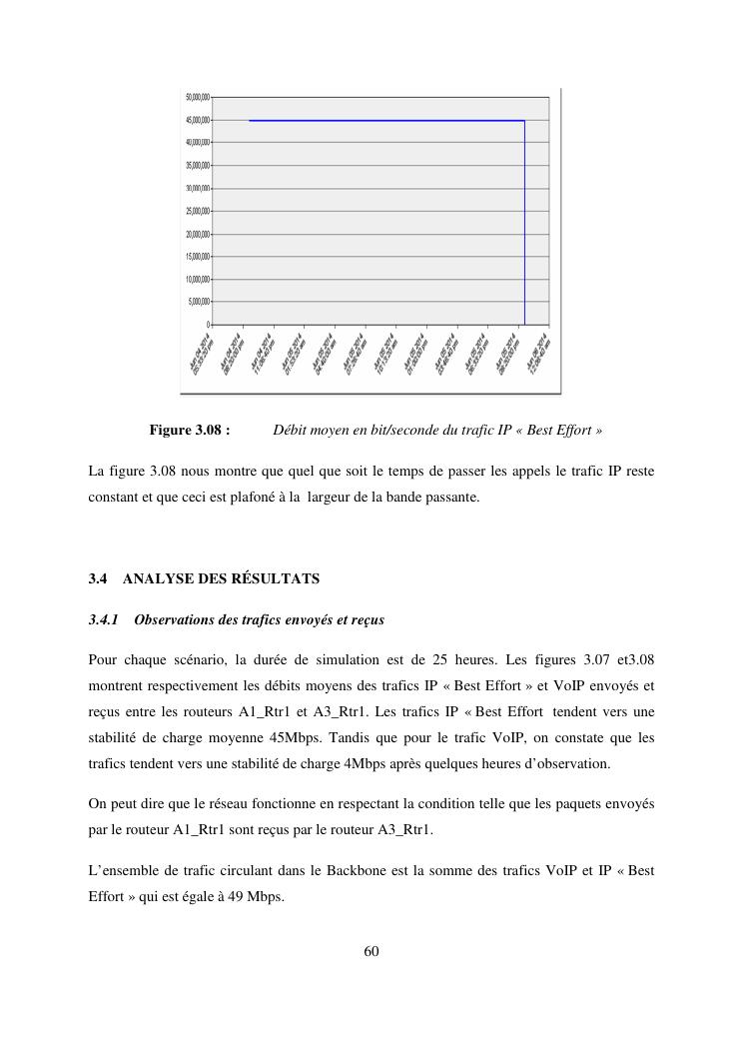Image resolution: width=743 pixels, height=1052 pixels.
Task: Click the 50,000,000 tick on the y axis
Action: pos(198,97)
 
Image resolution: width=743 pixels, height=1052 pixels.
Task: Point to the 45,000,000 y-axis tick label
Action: pos(198,120)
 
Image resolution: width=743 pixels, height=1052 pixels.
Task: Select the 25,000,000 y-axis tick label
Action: pos(198,211)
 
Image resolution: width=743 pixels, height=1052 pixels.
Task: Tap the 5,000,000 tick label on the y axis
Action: pos(199,302)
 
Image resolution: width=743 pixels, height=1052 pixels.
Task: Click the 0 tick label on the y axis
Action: pos(208,325)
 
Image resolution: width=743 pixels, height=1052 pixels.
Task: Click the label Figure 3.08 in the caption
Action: pos(190,431)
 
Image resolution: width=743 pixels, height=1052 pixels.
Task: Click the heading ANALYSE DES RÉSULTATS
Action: pos(221,578)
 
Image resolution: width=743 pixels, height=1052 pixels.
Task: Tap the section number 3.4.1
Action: pos(104,620)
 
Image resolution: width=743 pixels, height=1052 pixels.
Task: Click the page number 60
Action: pos(371,951)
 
